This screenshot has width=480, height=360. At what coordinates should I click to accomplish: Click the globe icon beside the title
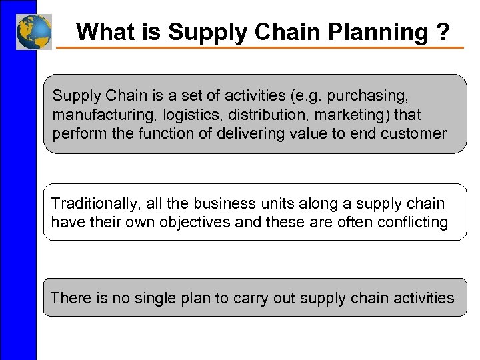pos(33,31)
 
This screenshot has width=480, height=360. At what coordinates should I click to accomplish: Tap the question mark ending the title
pos(443,31)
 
